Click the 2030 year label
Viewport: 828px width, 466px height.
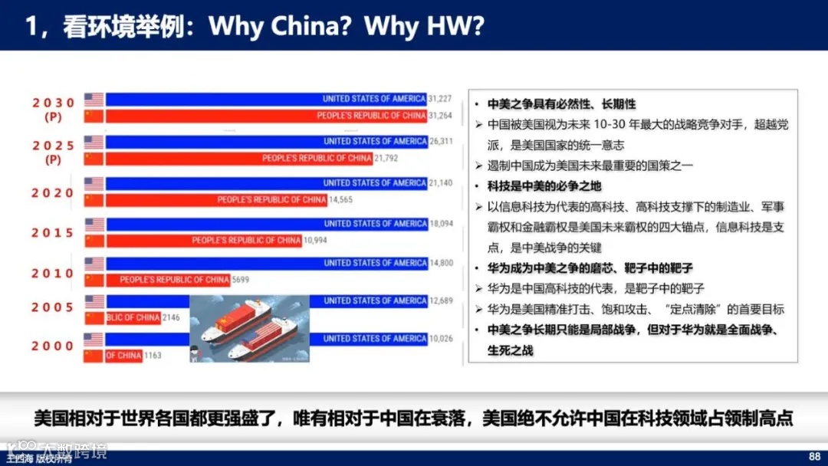pyautogui.click(x=53, y=103)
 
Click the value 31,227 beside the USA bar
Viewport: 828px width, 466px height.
pyautogui.click(x=440, y=99)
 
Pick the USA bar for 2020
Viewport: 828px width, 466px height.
pyautogui.click(x=266, y=183)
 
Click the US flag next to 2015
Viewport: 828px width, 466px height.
pyautogui.click(x=94, y=225)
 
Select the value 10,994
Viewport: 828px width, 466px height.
pyautogui.click(x=315, y=241)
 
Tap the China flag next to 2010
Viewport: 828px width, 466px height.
pyautogui.click(x=94, y=280)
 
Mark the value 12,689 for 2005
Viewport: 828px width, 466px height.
pyautogui.click(x=441, y=300)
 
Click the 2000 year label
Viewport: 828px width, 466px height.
pyautogui.click(x=53, y=346)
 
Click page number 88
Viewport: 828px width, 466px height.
pyautogui.click(x=814, y=454)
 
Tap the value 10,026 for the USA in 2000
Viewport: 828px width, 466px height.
pyautogui.click(x=441, y=339)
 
